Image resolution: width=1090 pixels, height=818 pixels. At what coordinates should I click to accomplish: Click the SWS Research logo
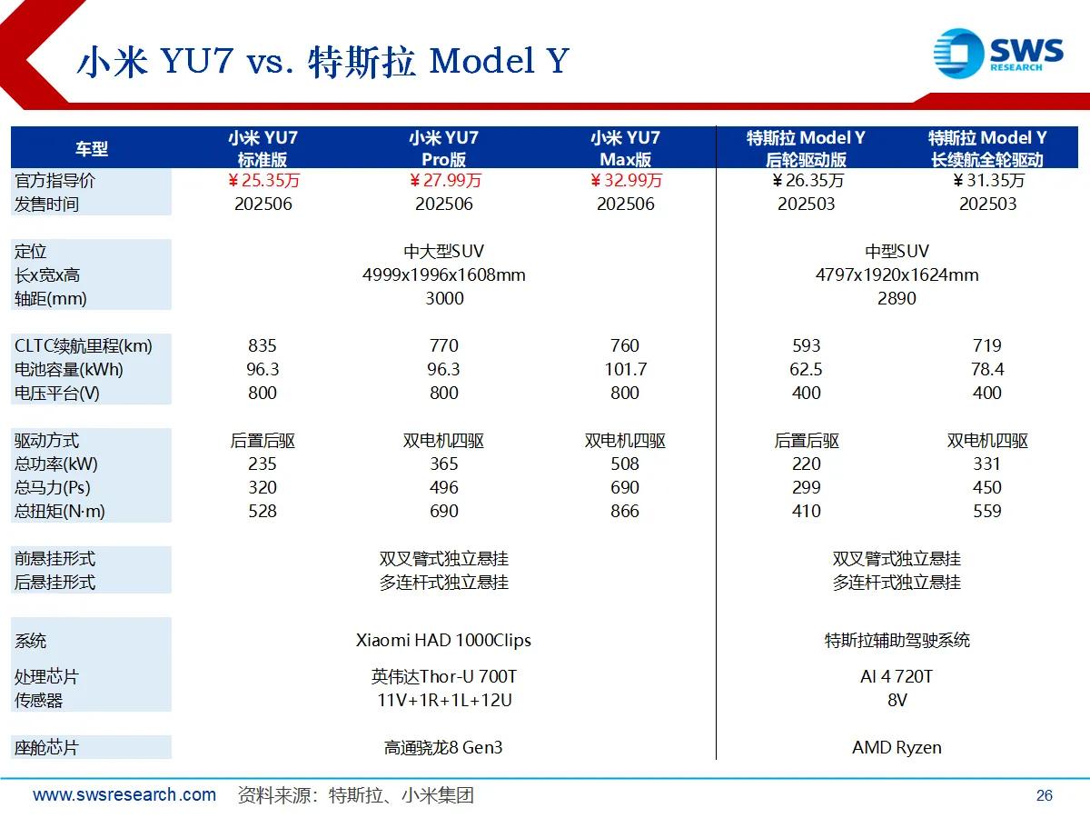click(998, 53)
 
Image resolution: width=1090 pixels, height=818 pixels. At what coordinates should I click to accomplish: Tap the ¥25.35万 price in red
click(263, 180)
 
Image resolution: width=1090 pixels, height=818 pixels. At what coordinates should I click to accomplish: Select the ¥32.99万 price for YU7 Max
click(626, 180)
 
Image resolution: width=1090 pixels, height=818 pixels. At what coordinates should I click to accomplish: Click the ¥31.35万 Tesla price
click(988, 180)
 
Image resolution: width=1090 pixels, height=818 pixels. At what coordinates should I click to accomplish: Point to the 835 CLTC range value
click(263, 345)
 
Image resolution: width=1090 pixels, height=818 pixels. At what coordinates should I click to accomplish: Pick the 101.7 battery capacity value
click(625, 370)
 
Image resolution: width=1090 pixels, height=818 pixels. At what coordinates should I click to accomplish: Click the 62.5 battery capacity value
click(806, 370)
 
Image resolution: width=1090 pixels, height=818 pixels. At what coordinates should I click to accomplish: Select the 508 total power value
click(625, 464)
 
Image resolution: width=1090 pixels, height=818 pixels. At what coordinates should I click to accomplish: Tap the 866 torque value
click(625, 511)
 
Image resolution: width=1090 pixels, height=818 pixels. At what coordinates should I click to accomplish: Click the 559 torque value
click(987, 511)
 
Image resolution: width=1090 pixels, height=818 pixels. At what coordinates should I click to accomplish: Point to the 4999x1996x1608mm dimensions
click(444, 274)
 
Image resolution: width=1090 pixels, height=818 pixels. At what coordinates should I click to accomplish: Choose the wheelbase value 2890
click(897, 298)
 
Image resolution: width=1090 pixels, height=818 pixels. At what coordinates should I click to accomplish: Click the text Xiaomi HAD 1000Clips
click(443, 640)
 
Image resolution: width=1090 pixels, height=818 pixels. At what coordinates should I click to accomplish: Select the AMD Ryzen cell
click(897, 747)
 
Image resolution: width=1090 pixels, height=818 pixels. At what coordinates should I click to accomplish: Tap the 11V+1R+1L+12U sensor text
click(444, 700)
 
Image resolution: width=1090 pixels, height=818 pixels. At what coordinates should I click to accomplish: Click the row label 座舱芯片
click(46, 747)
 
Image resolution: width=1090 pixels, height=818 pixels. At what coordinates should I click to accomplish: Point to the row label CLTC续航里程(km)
click(84, 346)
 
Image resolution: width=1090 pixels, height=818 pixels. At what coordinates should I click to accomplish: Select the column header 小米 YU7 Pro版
click(444, 148)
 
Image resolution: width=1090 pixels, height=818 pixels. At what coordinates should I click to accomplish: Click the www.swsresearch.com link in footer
click(124, 794)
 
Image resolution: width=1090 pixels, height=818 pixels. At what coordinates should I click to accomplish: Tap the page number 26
click(1045, 795)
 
